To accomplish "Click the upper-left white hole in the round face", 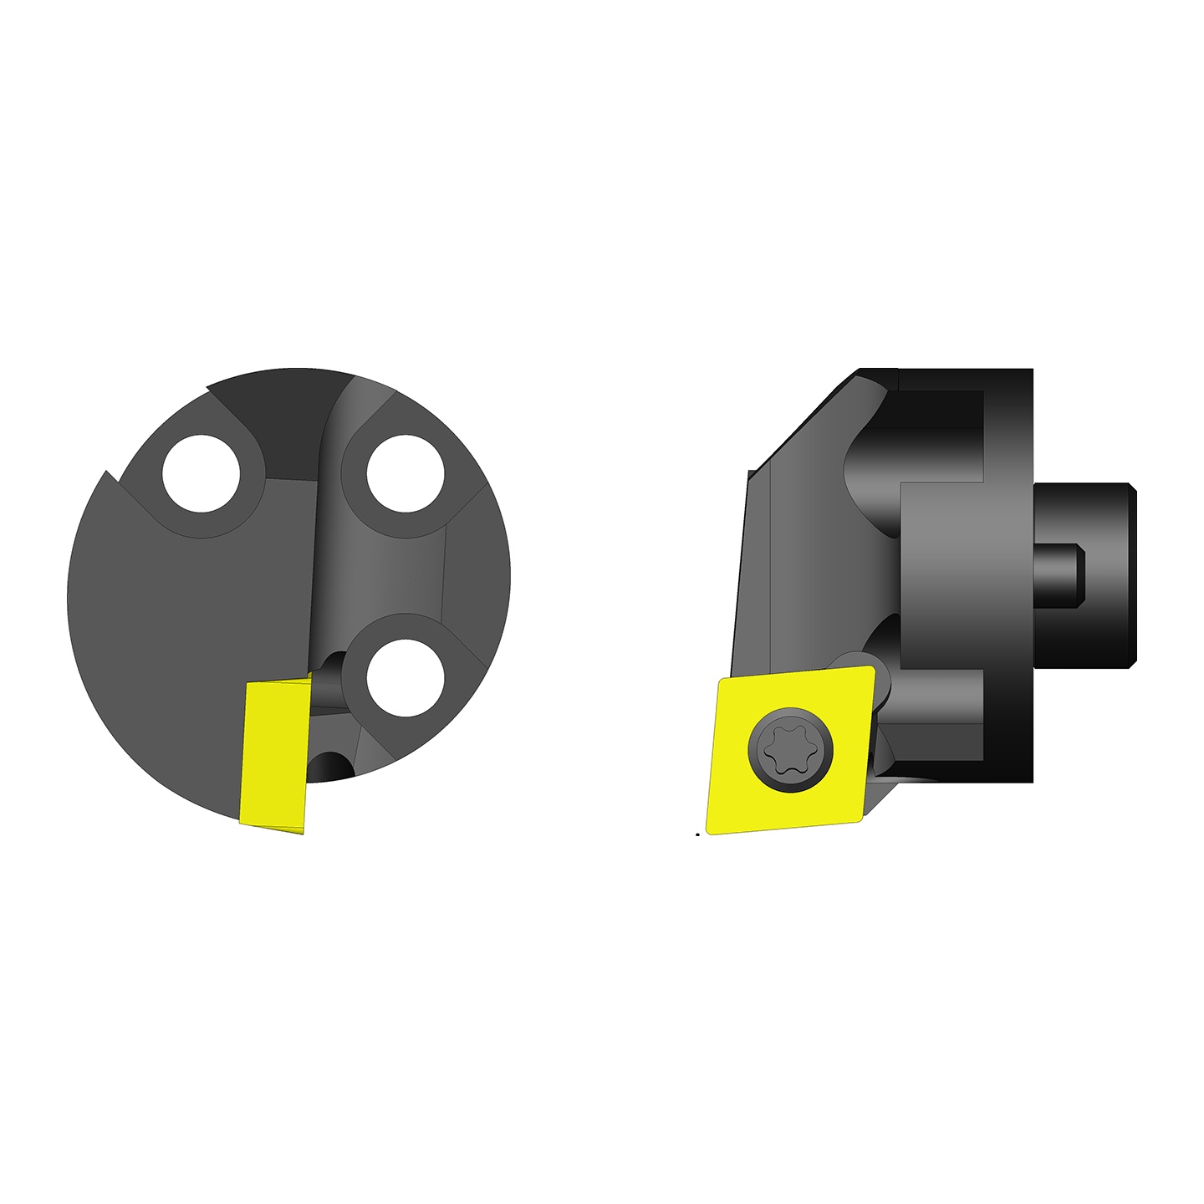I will (202, 474).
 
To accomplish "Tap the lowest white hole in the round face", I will (405, 677).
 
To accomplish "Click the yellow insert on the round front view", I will (274, 752).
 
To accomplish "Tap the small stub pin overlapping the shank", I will (1059, 576).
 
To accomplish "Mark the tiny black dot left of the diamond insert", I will (697, 834).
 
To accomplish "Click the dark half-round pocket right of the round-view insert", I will (329, 765).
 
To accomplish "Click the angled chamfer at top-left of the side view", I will (803, 422).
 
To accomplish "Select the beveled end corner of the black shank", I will (1132, 488).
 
